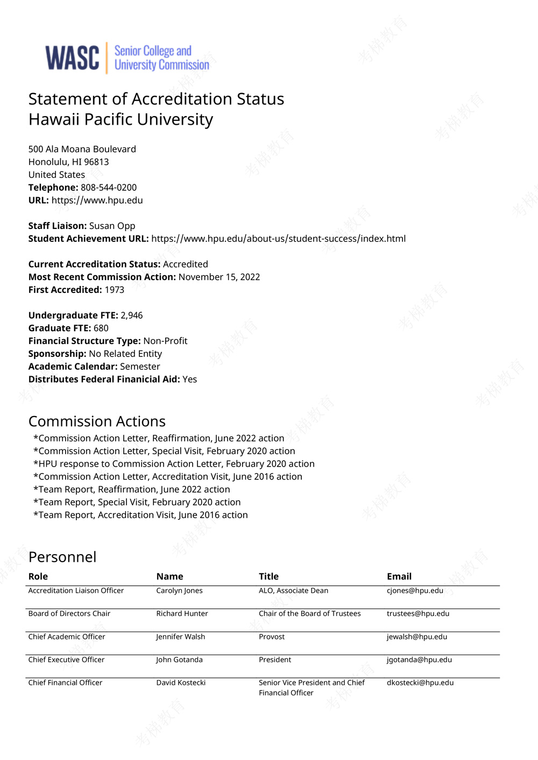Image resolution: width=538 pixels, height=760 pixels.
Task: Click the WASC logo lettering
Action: tap(72, 58)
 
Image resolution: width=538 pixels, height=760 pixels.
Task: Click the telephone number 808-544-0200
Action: tap(109, 188)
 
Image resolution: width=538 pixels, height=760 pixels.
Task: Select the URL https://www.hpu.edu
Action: tap(97, 200)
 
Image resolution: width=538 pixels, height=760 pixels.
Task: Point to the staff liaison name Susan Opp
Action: tap(112, 226)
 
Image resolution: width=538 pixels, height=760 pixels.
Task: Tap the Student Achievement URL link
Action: tap(278, 239)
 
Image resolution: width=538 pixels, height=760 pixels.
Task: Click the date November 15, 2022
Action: tap(219, 277)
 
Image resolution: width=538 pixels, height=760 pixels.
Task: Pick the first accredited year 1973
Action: tap(114, 290)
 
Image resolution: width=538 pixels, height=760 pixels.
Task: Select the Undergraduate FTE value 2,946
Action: tap(131, 316)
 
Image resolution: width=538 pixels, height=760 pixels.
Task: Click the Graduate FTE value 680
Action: tap(101, 328)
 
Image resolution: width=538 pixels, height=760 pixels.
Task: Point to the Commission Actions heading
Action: tap(97, 421)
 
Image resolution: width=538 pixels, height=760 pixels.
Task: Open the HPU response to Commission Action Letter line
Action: tap(174, 464)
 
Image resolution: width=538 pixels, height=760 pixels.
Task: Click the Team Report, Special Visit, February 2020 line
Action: tap(137, 502)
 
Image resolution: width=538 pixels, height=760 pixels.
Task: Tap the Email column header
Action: tap(399, 576)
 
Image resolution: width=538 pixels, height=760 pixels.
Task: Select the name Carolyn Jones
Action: tap(179, 591)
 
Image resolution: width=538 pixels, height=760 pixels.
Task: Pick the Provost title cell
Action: tap(272, 637)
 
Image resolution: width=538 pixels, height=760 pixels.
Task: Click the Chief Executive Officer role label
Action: tap(66, 660)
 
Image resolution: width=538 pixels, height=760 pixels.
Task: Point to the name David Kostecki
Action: tap(181, 683)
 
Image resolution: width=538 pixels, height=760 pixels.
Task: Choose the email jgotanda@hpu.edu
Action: tap(419, 660)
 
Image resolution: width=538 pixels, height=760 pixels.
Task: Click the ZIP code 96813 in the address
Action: tap(96, 162)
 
